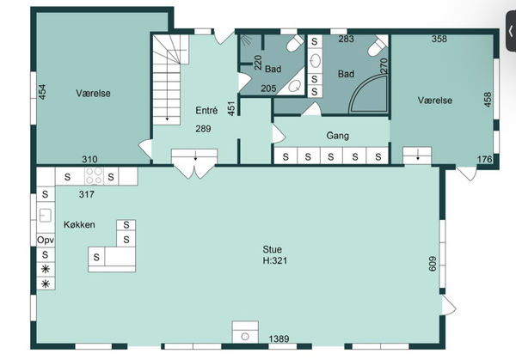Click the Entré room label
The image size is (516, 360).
tap(206, 110)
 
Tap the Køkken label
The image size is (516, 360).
tap(79, 224)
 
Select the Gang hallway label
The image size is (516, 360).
tap(338, 136)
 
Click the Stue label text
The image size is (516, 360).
tap(272, 249)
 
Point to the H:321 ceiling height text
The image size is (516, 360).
tap(275, 260)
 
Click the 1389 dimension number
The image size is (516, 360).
tap(279, 339)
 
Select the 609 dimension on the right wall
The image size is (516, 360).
tap(433, 264)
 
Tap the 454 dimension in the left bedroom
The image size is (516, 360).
tap(42, 92)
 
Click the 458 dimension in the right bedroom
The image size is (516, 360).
tap(488, 100)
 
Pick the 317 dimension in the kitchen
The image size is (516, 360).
tap(87, 194)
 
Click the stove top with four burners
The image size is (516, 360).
tap(94, 176)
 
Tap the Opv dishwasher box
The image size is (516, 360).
tap(46, 240)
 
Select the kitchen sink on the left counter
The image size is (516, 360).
tap(46, 216)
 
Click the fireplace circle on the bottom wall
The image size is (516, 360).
tap(245, 337)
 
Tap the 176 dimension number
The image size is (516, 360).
tap(484, 159)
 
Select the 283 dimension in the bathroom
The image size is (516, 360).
tap(347, 39)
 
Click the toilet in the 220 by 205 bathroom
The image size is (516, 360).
tap(295, 43)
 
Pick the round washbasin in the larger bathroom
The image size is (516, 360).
tap(315, 61)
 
